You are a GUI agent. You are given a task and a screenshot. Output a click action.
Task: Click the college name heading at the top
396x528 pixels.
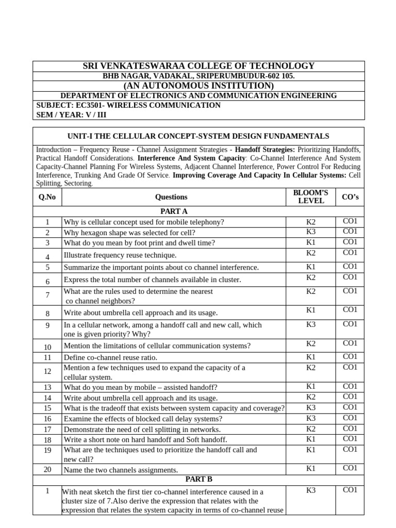pos(199,66)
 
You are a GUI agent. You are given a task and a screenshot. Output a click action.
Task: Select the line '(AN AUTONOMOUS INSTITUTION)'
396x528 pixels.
pos(199,86)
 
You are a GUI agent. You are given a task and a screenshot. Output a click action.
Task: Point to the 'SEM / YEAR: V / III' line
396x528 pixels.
pos(72,115)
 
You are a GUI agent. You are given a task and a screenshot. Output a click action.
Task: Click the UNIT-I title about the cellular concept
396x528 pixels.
pos(199,136)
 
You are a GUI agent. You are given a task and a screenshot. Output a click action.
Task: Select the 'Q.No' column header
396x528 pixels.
pos(47,197)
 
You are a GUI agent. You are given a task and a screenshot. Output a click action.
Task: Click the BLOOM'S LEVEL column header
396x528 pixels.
pos(310,196)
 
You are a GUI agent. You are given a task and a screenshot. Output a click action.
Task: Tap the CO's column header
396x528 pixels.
pos(350,197)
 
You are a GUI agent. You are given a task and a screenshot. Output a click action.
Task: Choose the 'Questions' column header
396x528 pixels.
pos(171,197)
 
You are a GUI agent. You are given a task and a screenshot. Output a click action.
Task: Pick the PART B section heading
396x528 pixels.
pos(199,479)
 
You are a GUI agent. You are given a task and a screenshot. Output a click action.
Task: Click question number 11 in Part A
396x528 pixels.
pos(47,357)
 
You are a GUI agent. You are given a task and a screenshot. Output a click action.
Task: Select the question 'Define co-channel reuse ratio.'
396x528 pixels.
pos(110,357)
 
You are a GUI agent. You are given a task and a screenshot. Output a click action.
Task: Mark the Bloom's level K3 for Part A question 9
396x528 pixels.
pos(310,324)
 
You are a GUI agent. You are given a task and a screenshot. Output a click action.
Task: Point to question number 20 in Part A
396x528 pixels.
pos(47,470)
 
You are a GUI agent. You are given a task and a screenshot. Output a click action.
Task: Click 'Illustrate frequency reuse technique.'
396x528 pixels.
pos(120,255)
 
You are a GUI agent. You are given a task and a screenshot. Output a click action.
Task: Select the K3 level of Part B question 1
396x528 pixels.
pos(310,490)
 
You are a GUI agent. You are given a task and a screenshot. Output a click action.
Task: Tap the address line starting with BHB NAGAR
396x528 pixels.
pos(199,76)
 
